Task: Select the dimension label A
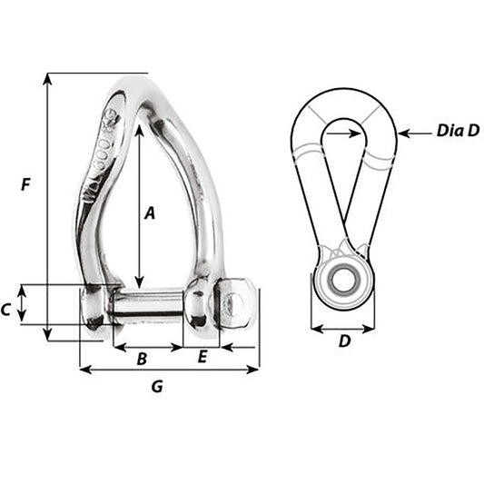[151, 213]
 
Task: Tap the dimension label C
[7, 310]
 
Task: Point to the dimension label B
[142, 359]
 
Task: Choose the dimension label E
[202, 357]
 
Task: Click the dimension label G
[157, 386]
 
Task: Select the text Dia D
[457, 131]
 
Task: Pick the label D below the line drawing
[344, 341]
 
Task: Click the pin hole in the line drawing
[342, 278]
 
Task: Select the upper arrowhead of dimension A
[139, 131]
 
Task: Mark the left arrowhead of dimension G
[84, 370]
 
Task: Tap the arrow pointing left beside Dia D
[403, 133]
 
